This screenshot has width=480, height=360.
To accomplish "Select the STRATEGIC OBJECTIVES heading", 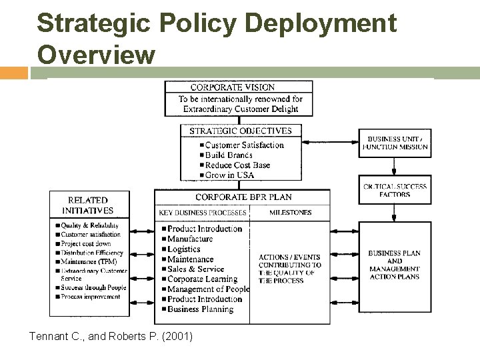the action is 241,131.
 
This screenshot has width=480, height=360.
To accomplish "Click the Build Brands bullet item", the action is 228,155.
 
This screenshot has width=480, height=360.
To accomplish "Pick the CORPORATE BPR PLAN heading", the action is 243,197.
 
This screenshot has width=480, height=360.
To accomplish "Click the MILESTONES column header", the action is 290,213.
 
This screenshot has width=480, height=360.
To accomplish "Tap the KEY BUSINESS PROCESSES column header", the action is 203,213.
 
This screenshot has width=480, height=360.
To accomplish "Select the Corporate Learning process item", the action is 202,279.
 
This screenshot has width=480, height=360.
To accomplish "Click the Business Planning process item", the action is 200,309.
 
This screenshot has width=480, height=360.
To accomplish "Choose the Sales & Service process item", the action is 197,269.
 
